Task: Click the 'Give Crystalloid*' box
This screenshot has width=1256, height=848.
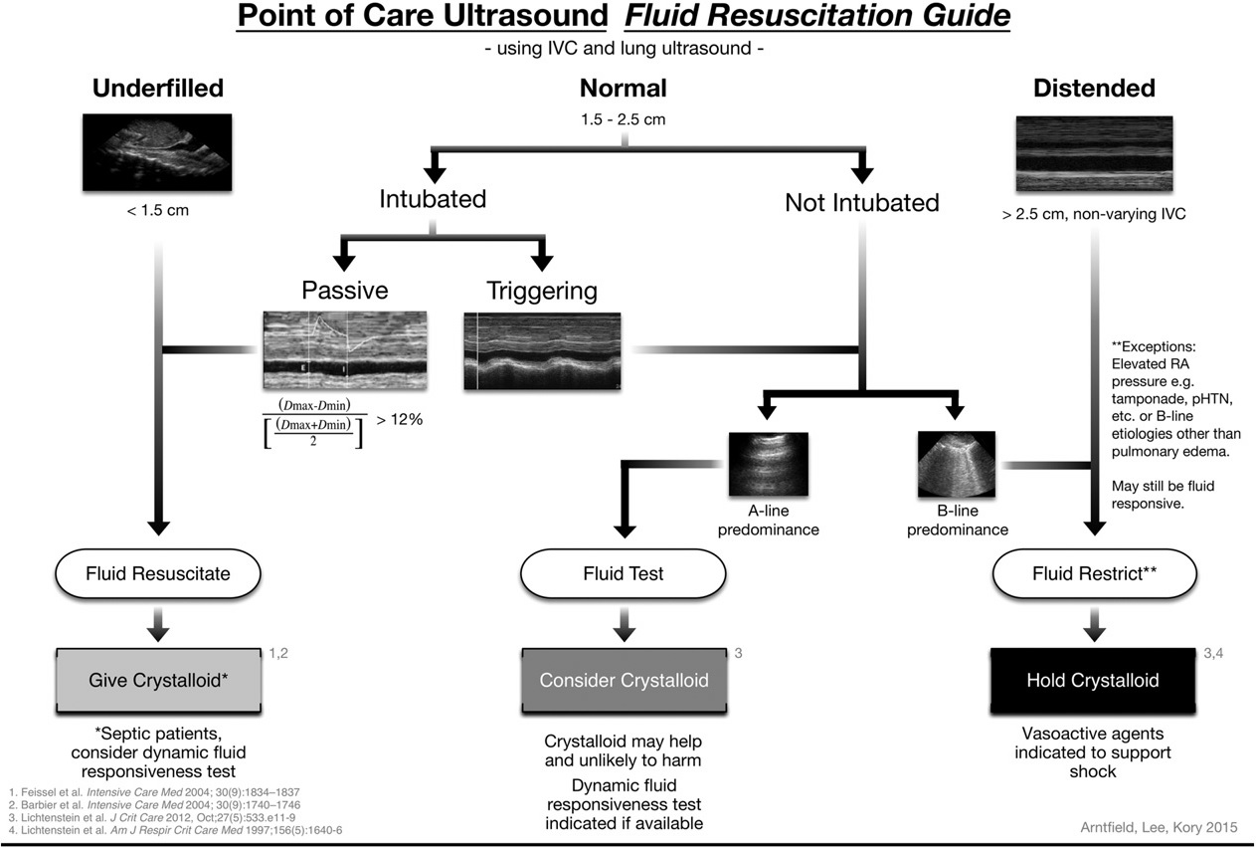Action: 157,681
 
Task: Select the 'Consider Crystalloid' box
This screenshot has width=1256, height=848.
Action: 624,681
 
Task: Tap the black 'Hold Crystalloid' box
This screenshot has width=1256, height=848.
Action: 1092,681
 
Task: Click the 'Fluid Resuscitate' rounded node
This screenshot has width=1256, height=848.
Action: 157,573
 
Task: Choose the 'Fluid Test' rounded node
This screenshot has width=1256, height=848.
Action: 624,573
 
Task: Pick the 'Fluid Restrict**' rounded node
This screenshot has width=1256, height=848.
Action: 1092,573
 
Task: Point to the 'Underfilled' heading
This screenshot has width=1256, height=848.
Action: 158,89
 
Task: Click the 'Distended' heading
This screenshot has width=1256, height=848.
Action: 1094,89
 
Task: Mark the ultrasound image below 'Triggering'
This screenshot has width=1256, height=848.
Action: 543,351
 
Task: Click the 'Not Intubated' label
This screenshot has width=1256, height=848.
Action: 861,203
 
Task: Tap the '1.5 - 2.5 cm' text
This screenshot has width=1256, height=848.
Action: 624,119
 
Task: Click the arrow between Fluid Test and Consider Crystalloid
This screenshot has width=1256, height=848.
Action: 624,623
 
